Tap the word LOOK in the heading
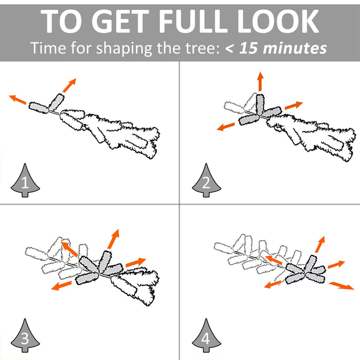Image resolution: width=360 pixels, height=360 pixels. point(278,22)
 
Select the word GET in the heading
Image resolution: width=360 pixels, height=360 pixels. point(120,22)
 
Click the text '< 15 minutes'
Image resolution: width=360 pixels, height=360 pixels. point(276,48)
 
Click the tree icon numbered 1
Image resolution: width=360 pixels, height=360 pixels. point(25,180)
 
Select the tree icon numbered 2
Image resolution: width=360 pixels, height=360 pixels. point(206,180)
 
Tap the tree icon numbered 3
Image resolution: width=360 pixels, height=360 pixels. point(25,335)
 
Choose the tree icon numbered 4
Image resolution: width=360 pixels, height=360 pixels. point(206,335)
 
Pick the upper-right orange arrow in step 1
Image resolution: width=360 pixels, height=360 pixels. point(69,85)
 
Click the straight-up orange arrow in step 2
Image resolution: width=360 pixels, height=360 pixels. point(260,81)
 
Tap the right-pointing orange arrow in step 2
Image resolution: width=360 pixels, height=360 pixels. point(294,105)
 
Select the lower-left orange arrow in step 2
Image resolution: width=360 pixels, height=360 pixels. point(226,127)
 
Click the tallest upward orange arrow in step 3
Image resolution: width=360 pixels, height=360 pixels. point(114,239)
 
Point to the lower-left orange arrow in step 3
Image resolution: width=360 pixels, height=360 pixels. point(62,285)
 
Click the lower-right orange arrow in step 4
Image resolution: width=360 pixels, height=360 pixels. point(341,286)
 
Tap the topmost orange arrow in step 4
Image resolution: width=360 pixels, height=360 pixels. point(320,244)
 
